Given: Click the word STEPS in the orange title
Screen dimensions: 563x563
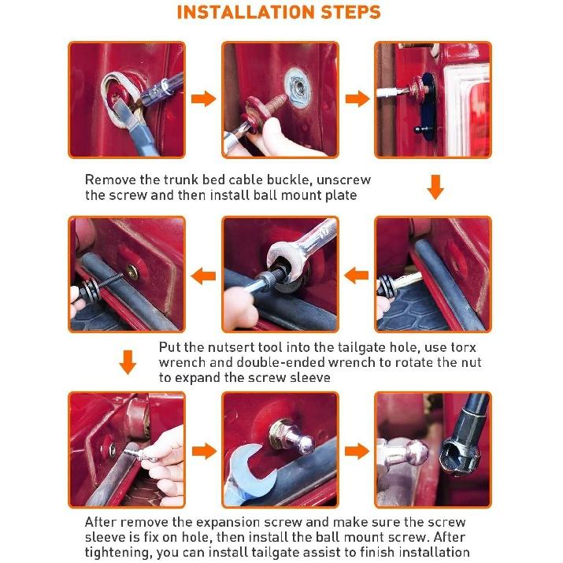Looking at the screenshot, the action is tap(351, 12).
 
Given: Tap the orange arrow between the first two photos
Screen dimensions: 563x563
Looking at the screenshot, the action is tap(203, 98).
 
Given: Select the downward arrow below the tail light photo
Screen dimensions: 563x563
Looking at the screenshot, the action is tap(435, 187).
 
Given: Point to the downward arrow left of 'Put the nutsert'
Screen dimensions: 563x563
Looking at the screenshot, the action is tap(128, 362).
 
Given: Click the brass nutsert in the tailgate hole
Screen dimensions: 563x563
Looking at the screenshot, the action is tap(132, 272).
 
